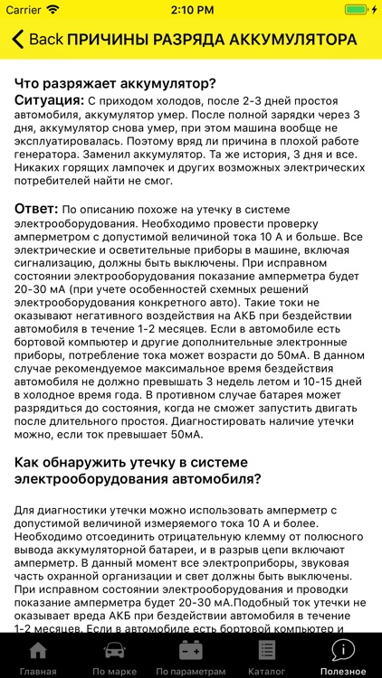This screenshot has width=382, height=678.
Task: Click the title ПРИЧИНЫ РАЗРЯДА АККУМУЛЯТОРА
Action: [x=212, y=40]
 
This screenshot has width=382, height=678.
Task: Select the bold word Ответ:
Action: [x=36, y=209]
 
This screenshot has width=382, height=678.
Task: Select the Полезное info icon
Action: [x=343, y=649]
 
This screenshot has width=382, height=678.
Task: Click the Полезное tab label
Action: [x=343, y=671]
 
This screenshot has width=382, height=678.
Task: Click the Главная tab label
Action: [x=37, y=671]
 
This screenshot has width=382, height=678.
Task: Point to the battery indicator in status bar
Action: [x=358, y=9]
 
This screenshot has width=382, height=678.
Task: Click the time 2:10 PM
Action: [x=190, y=9]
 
